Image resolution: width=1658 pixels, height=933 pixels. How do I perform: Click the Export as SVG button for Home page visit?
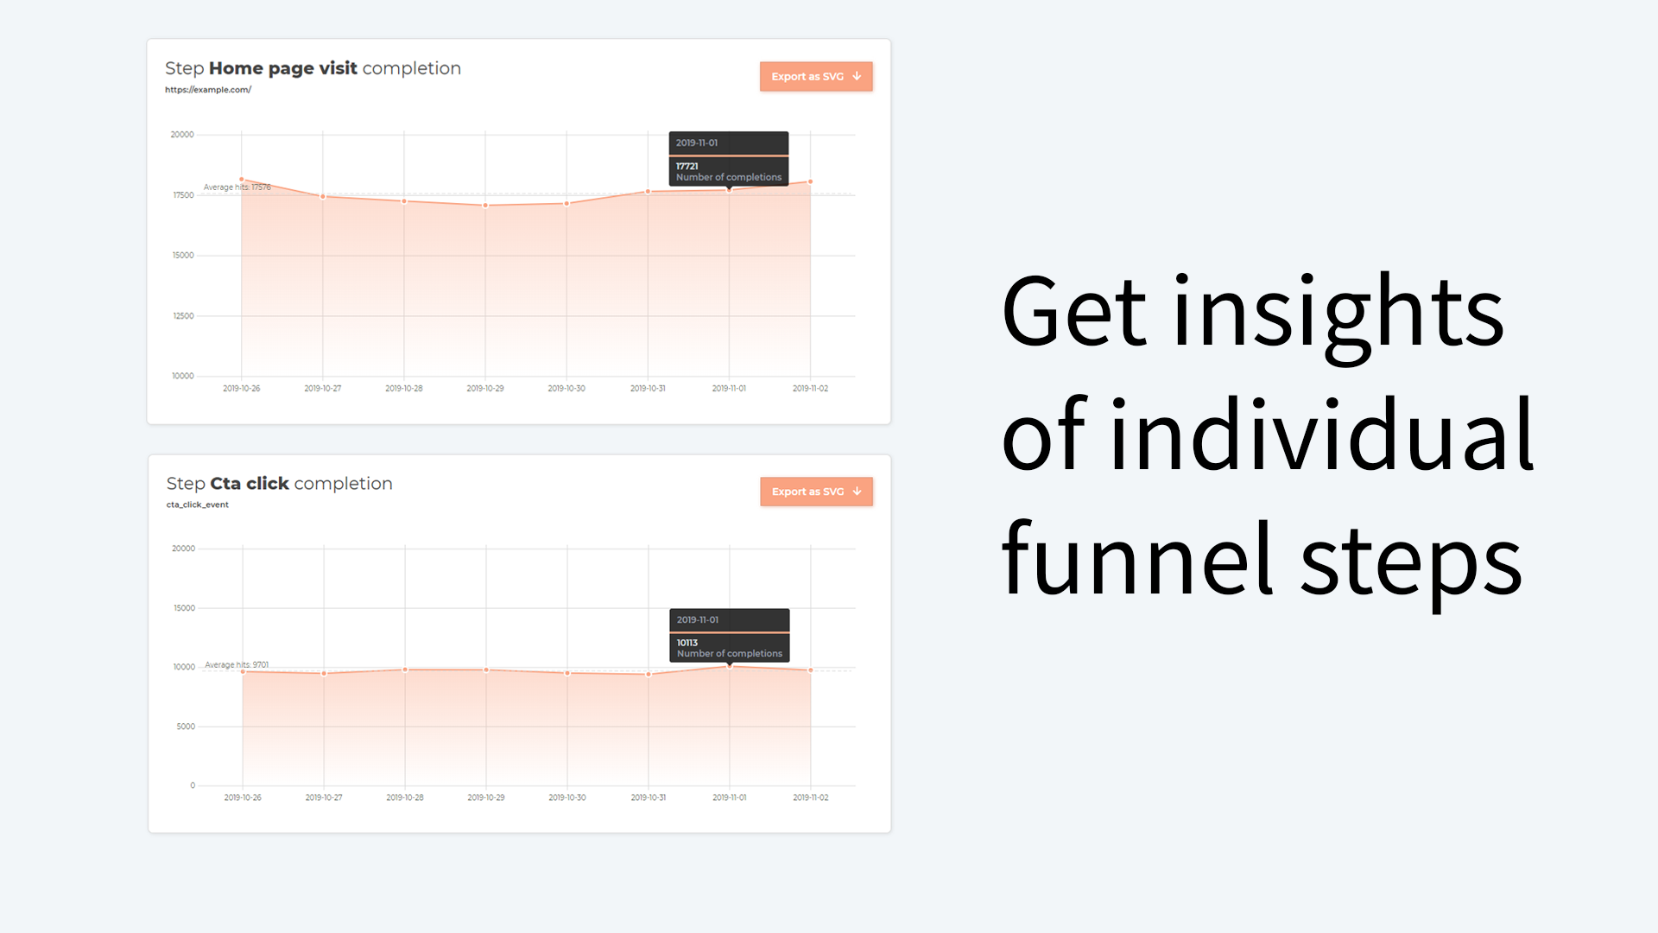click(815, 77)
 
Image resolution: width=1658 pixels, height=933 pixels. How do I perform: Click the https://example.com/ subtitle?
click(208, 90)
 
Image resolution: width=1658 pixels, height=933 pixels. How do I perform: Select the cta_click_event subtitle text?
click(198, 505)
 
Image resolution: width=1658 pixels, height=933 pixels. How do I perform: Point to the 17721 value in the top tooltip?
click(687, 166)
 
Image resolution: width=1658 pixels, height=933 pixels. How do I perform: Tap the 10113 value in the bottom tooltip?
click(687, 643)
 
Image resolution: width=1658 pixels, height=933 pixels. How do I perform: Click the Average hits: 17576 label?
click(237, 187)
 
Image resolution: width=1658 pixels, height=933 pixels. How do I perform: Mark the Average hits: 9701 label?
click(237, 665)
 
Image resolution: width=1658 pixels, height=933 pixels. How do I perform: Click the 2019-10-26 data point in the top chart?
click(242, 180)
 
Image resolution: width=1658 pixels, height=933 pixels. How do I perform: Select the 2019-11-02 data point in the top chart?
click(810, 182)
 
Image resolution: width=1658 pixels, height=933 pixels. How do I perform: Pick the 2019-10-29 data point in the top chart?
click(485, 206)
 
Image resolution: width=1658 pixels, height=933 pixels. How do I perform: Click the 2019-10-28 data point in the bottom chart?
click(405, 670)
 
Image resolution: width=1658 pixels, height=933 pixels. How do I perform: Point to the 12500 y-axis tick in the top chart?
click(183, 316)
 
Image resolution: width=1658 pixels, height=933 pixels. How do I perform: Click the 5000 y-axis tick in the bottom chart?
click(186, 727)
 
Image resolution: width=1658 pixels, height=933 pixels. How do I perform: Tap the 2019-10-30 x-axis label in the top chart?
click(566, 389)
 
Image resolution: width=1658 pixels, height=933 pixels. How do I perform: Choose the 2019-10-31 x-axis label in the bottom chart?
click(649, 797)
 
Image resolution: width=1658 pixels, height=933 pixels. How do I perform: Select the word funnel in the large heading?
click(1137, 560)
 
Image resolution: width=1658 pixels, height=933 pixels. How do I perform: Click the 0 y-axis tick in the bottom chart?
click(193, 785)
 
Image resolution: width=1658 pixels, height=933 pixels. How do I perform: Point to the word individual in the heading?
click(1321, 435)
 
